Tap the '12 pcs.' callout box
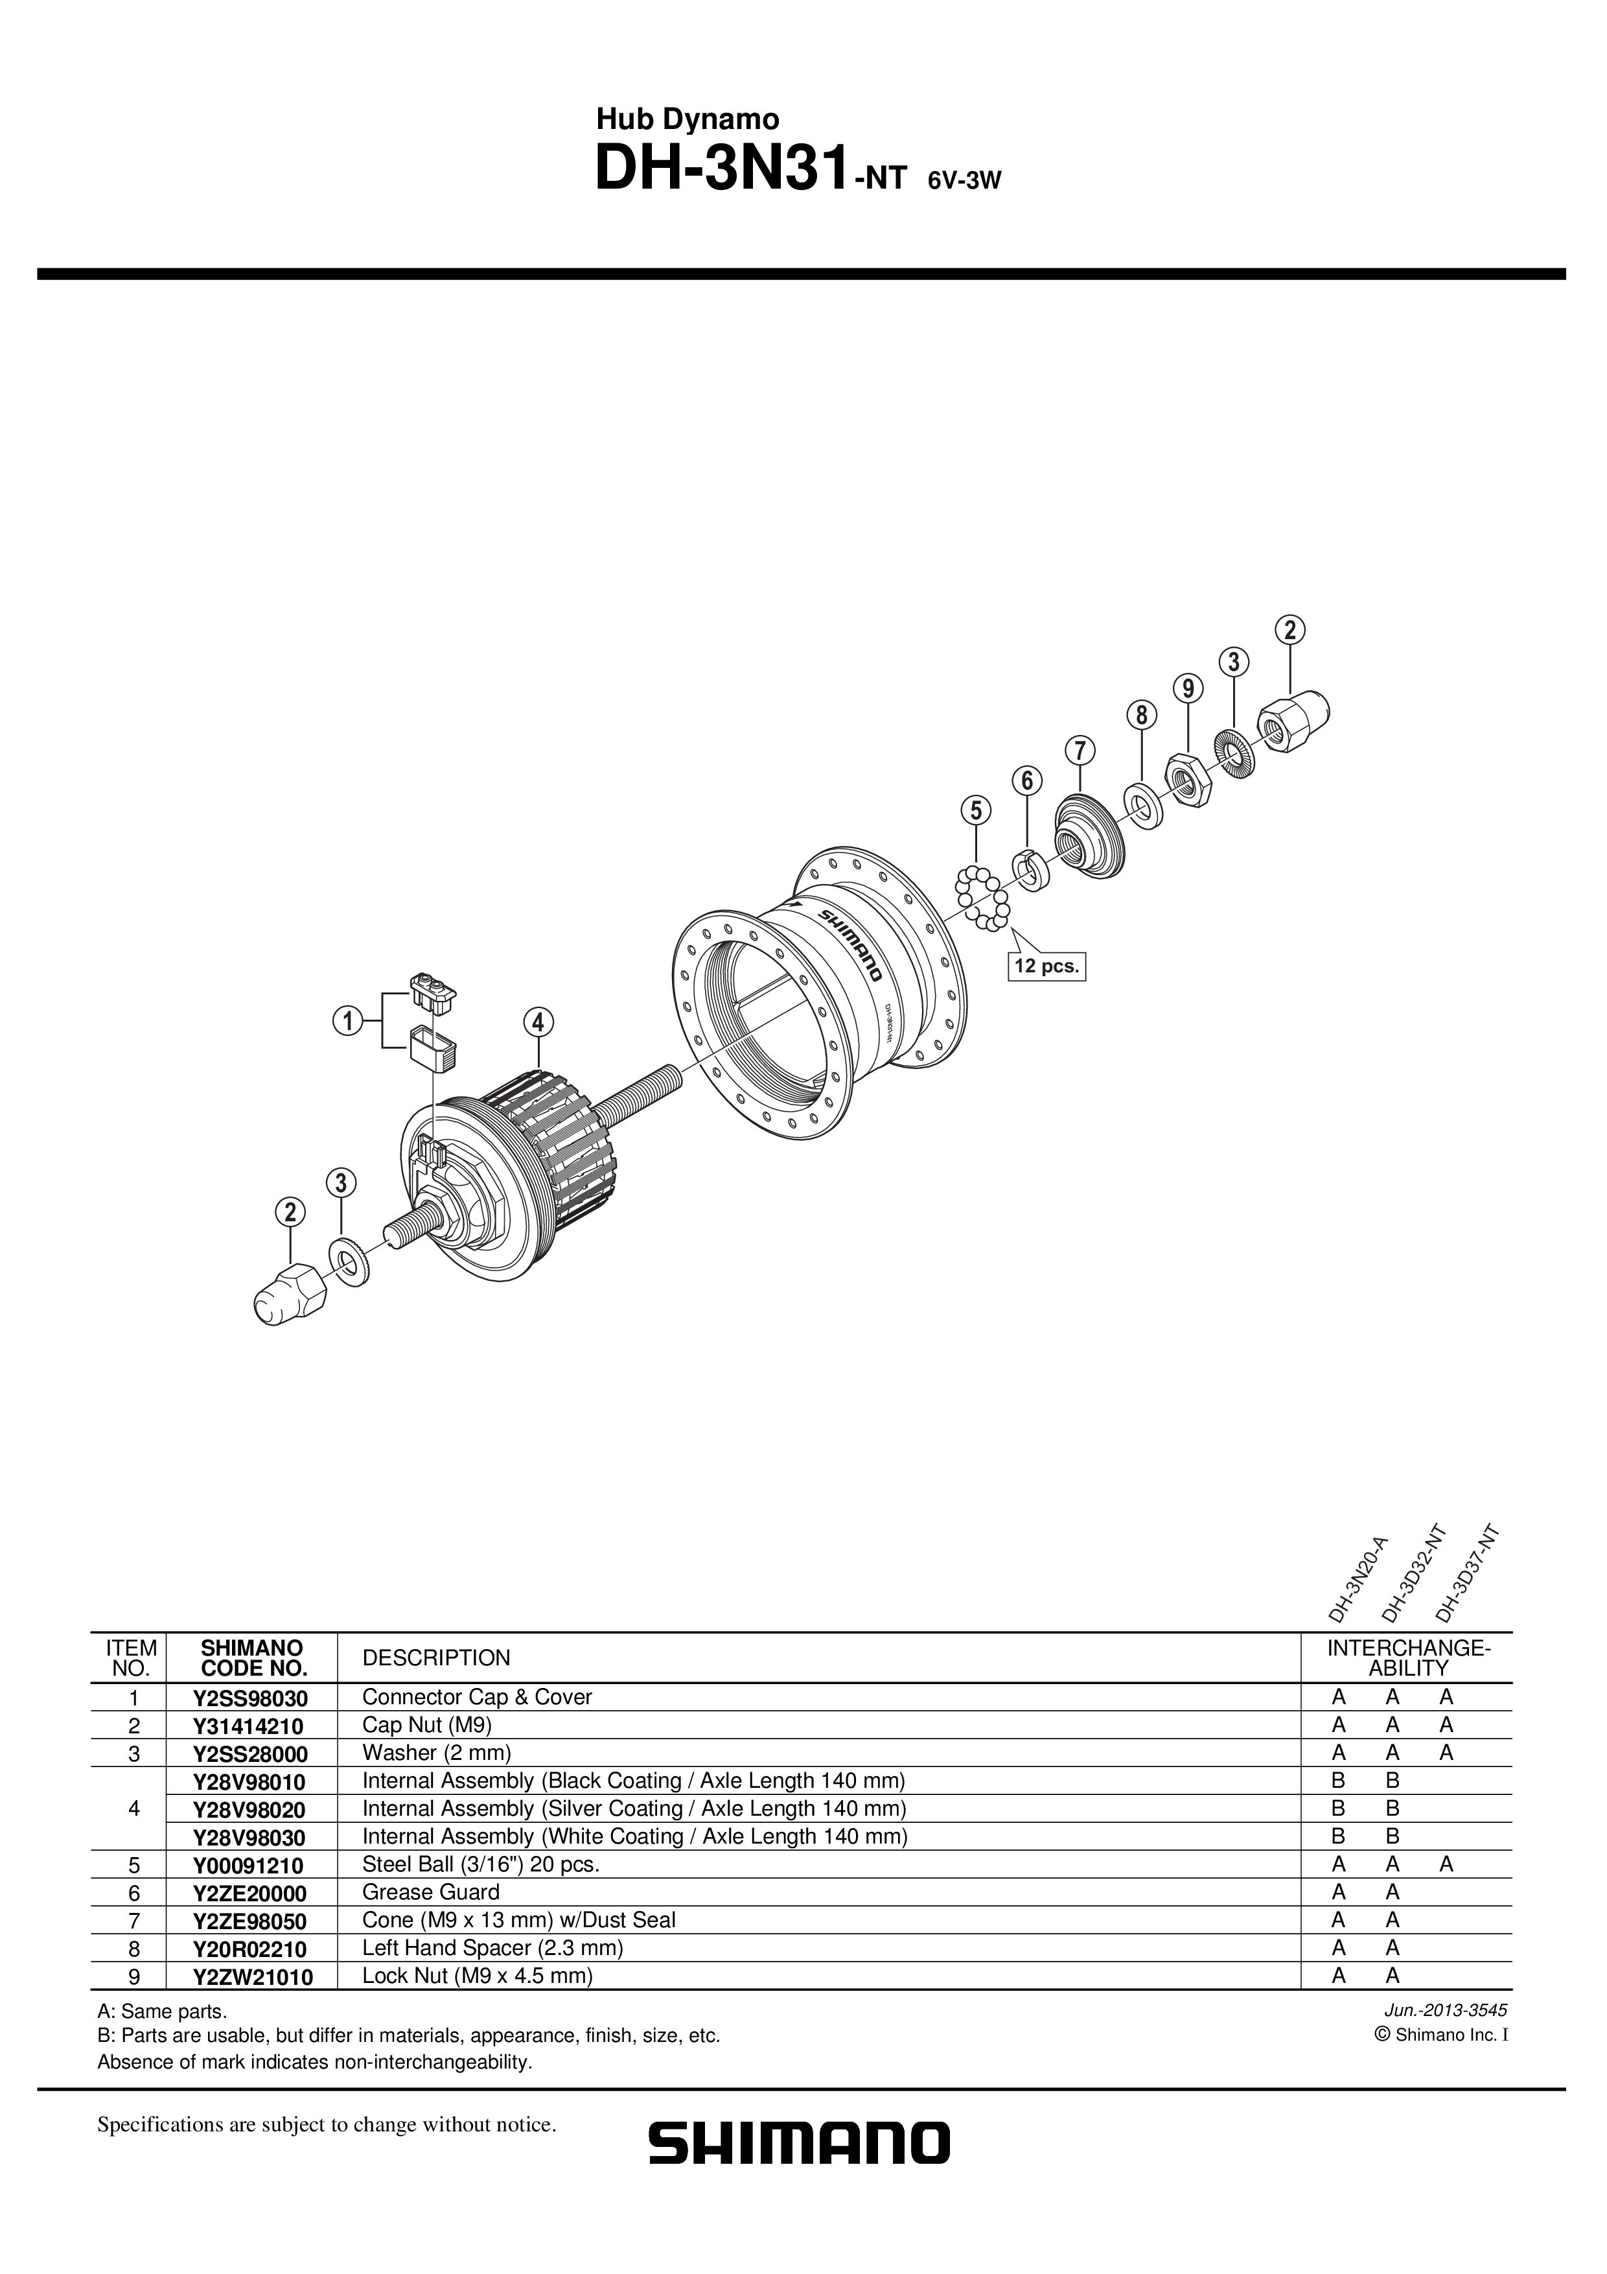tap(1046, 966)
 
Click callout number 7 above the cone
tap(1080, 751)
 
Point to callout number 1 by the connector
tap(347, 1019)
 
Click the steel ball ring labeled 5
tap(982, 897)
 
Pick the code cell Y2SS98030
tap(251, 1698)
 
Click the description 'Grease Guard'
tap(431, 1893)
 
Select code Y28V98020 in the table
tap(251, 1809)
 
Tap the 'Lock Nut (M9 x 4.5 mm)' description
tap(478, 1976)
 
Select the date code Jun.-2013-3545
tap(1457, 2011)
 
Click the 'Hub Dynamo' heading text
tap(687, 120)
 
